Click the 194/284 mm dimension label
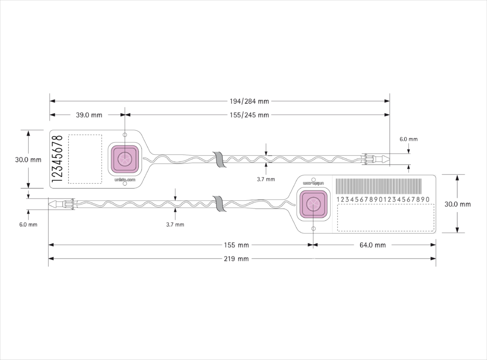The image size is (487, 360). coord(249,101)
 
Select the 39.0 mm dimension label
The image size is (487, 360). coord(89,115)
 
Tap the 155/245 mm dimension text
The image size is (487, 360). coord(249,115)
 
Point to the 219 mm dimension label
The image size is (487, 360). coord(236,259)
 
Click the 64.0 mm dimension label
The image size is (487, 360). coord(373,245)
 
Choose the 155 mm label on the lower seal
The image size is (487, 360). coord(236,245)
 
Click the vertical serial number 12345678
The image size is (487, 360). coord(57,159)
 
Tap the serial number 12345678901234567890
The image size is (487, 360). coord(383,199)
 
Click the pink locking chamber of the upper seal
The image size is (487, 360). coord(125,159)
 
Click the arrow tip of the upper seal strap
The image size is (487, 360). coord(389,159)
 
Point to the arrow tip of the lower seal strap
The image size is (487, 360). coord(49,204)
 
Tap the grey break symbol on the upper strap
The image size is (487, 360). coord(220,160)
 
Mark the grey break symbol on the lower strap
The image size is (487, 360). coord(220,204)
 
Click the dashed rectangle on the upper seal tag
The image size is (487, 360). coord(85,159)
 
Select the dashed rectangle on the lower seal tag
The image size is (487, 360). coord(386,217)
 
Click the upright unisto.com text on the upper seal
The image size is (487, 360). coord(125,180)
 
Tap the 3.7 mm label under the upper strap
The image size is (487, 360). coord(266,179)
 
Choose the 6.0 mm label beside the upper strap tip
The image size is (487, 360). coord(409,140)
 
